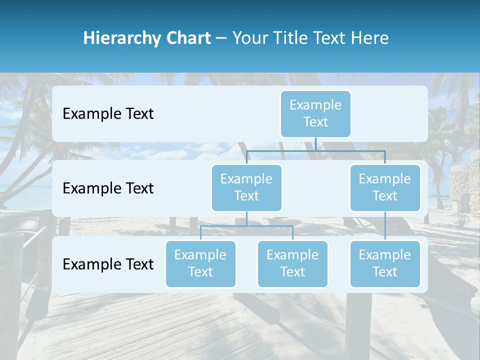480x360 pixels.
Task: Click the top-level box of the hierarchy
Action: point(315,113)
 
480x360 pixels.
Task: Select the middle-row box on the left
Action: point(246,187)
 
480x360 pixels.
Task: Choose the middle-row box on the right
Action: point(384,187)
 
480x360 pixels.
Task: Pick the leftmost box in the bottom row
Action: point(200,263)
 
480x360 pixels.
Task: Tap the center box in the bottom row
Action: point(292,263)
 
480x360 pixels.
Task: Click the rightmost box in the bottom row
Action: point(384,263)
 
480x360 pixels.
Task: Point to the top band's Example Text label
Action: point(108,114)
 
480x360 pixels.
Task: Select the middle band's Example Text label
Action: point(108,188)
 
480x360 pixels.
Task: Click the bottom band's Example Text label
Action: point(108,264)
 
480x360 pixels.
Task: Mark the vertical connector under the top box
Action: point(315,143)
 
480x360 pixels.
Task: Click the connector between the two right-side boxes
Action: point(385,225)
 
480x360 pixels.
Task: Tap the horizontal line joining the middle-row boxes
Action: point(315,150)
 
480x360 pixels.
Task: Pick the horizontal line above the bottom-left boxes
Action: point(246,226)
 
